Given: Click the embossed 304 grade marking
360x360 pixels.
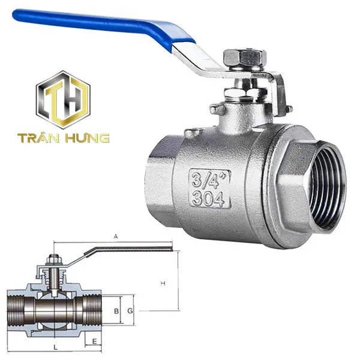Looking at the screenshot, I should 209,198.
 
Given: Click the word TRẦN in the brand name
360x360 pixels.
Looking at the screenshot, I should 38,138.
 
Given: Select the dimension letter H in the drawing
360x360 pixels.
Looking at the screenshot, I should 163,282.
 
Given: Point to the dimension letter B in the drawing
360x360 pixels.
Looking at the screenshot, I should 116,311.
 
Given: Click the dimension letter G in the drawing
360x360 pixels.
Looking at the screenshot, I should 130,311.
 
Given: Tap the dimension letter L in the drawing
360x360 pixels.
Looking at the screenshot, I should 55,347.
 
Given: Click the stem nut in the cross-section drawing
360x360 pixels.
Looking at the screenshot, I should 53,260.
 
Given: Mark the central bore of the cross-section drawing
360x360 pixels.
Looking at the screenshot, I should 54,311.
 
